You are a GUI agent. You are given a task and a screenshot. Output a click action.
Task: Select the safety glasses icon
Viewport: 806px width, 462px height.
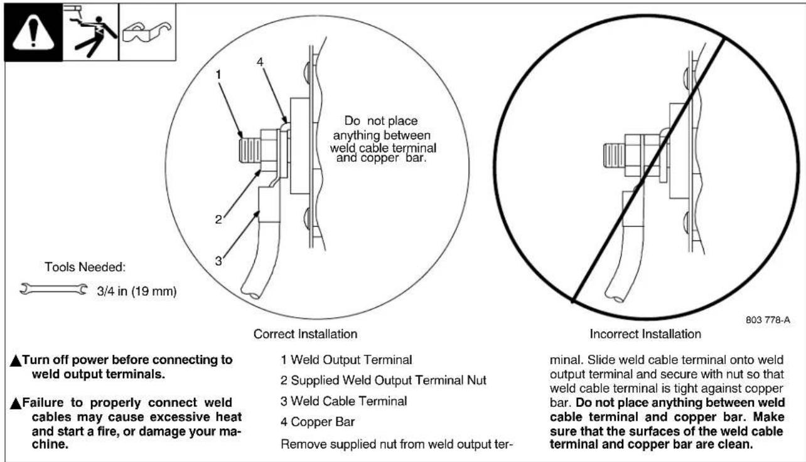pos(147,31)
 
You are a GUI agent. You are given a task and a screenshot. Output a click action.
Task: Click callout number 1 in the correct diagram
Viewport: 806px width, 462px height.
pos(218,75)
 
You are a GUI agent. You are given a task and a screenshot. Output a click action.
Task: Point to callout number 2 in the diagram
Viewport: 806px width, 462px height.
pos(218,219)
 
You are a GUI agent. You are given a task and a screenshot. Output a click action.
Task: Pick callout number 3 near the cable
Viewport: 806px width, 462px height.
pos(218,261)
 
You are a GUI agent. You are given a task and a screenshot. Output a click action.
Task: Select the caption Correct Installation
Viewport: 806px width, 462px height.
pos(305,334)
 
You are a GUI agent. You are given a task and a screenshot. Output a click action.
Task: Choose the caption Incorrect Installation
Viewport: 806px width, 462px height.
pos(645,334)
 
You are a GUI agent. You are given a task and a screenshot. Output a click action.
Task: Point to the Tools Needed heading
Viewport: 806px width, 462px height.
pos(86,267)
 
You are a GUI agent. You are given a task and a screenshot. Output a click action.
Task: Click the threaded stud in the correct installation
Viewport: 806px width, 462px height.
pos(249,150)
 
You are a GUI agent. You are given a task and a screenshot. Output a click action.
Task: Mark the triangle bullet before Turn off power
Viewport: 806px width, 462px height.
pos(16,361)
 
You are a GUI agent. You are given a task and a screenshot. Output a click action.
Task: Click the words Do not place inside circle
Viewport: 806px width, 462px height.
pos(381,121)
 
